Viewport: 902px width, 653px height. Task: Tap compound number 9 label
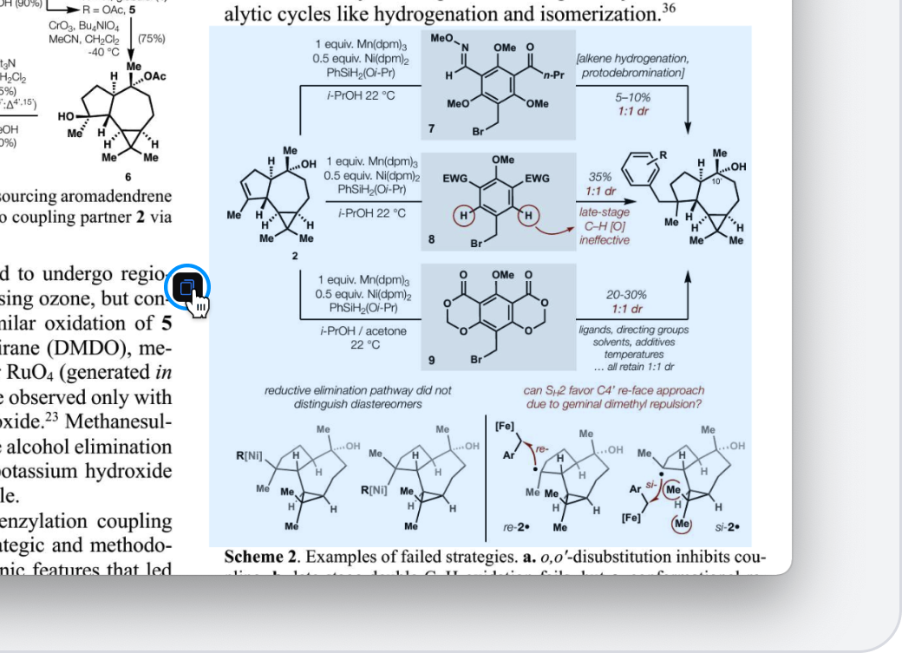pos(432,359)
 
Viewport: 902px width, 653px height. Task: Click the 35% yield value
pos(600,177)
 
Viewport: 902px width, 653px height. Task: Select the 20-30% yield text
pos(625,295)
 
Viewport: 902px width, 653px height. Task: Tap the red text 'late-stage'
pos(605,212)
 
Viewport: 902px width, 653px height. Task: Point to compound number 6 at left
pos(127,177)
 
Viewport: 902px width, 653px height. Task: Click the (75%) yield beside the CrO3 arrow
pos(152,39)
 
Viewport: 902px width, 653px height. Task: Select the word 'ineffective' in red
pos(605,240)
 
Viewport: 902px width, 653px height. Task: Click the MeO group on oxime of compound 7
pos(441,39)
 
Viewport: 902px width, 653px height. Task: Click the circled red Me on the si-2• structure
pos(683,524)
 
